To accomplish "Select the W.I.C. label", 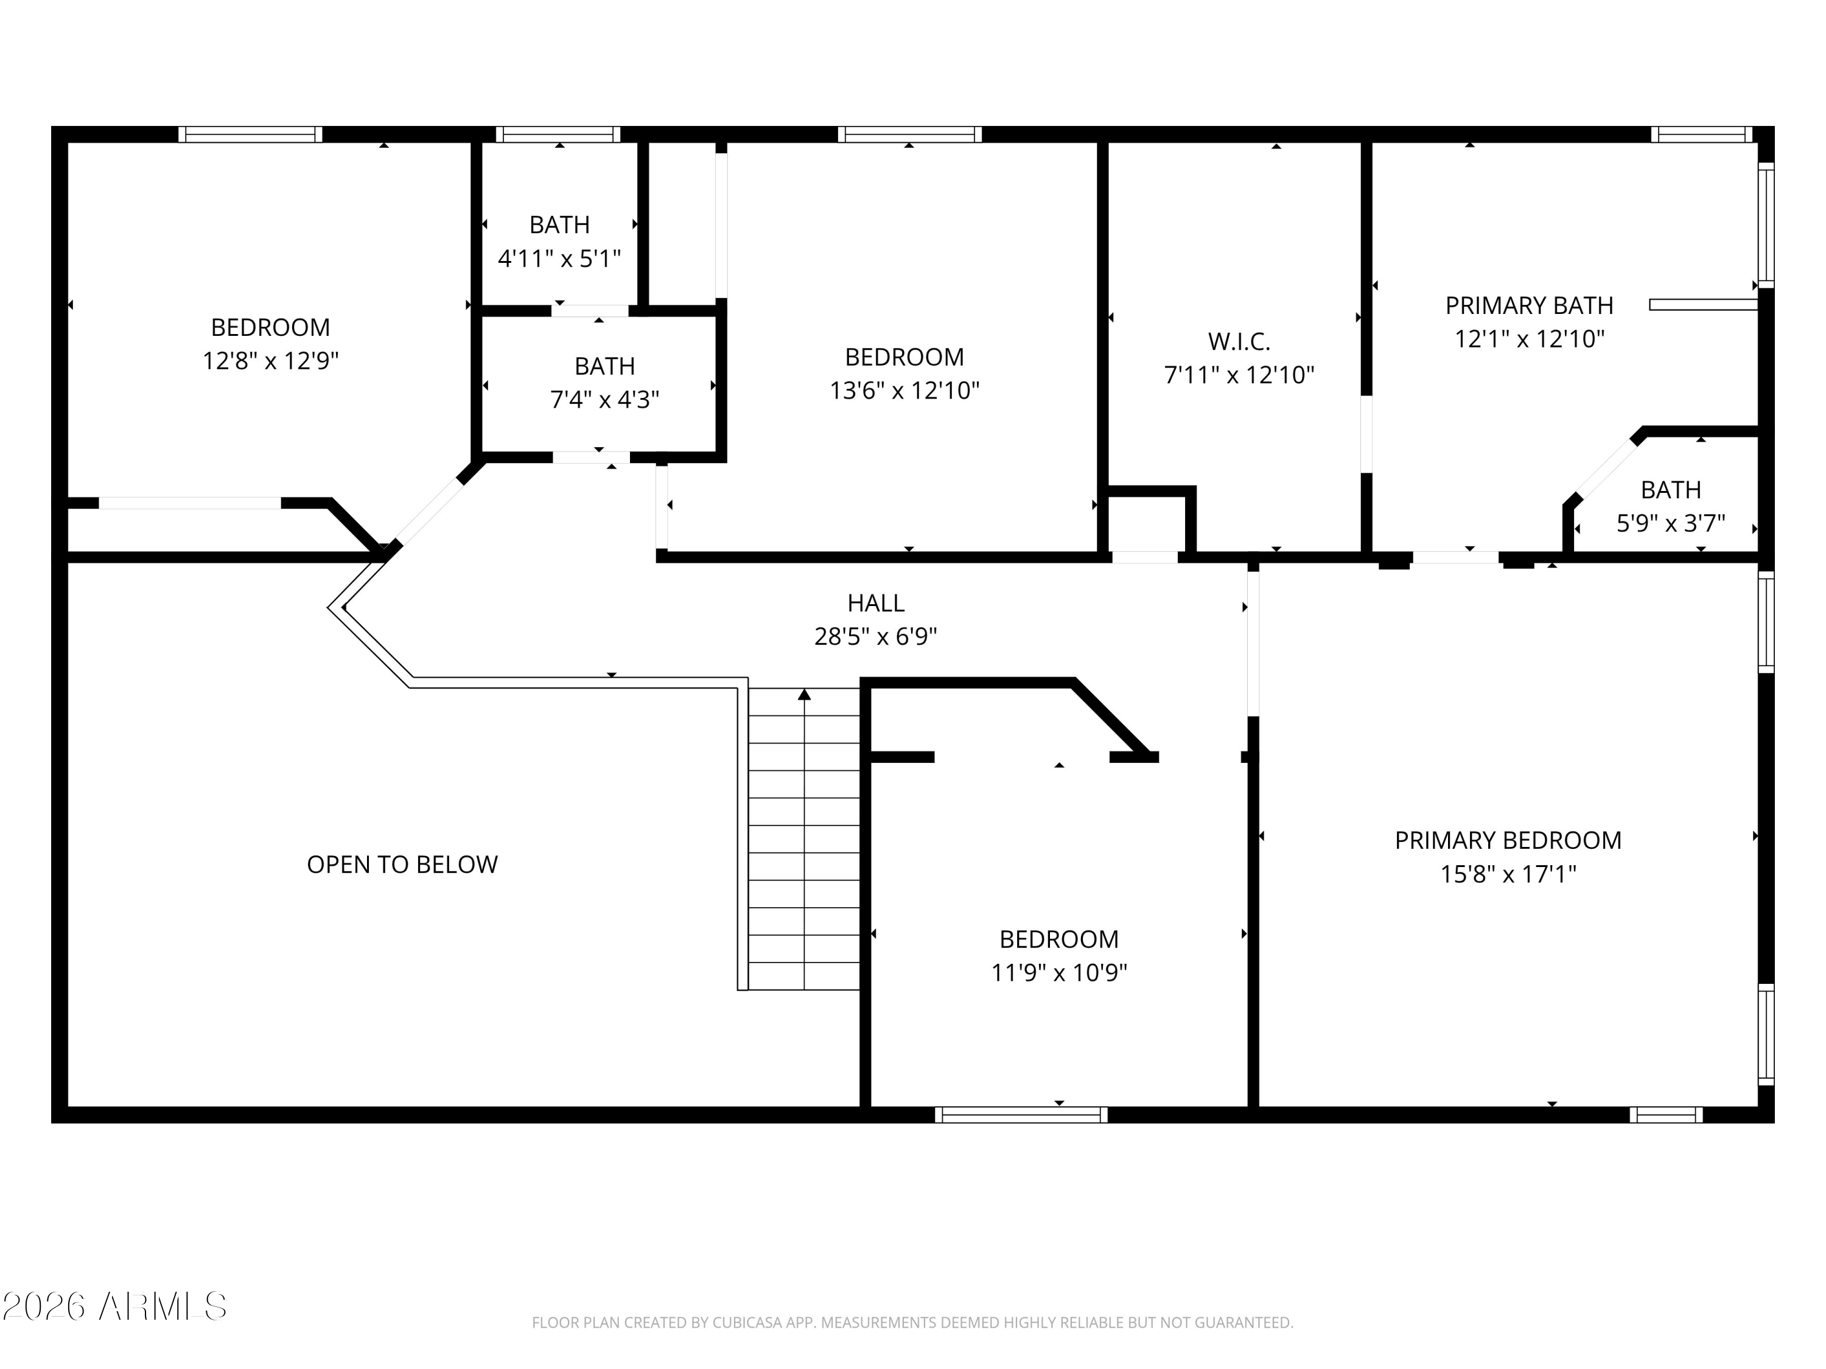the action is coord(1239,341).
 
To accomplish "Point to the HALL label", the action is coord(876,603).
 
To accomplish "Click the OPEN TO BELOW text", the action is coord(402,864).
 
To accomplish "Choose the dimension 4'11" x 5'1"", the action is coord(559,259).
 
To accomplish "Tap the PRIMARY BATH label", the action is coord(1529,305).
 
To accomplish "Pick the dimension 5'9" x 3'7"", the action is coord(1671,523).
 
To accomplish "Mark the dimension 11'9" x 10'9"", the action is coord(1059,973).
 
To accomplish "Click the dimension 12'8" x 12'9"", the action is coord(271,361).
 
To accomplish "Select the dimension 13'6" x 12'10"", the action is coord(904,391).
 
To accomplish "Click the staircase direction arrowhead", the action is coord(804,694).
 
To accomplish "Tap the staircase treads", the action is coord(804,838).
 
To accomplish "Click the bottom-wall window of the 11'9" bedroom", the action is coord(1021,1115).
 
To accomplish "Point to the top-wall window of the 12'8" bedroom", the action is coord(250,134).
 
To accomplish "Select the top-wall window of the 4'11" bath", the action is coord(558,134).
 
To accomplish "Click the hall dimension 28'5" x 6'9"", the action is coord(876,637).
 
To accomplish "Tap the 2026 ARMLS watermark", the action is coord(115,1306).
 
